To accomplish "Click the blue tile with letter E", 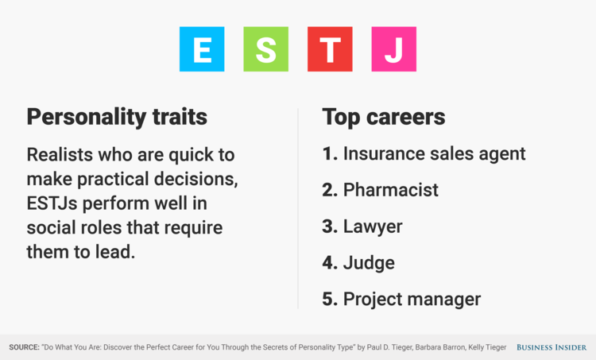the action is [x=202, y=49].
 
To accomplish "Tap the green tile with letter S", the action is [x=265, y=49].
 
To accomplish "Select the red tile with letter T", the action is [x=330, y=49].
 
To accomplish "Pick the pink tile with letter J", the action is [x=394, y=49].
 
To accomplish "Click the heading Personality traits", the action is [x=117, y=117].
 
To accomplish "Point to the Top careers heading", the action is [x=384, y=117].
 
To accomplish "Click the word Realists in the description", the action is [x=60, y=155].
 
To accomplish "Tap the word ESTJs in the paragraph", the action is [x=52, y=203].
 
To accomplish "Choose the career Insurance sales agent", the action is [x=434, y=154].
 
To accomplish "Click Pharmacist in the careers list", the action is [x=391, y=190].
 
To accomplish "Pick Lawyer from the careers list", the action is [x=373, y=226].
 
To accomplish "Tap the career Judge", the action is [x=369, y=263].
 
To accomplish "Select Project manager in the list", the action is [x=412, y=299].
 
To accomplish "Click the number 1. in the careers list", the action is [x=330, y=153].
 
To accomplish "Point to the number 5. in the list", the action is [x=330, y=299].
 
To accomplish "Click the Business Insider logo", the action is [x=551, y=347].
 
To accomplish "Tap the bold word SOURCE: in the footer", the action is [x=24, y=347].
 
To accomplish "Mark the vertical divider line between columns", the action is [x=298, y=208].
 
